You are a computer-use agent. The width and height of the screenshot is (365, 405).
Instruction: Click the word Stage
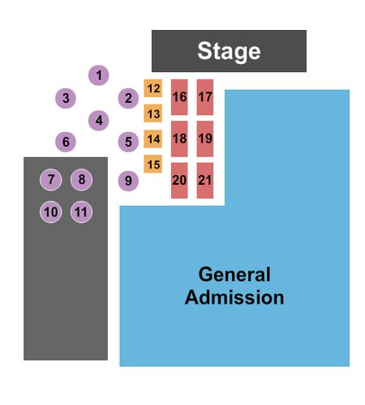(229, 51)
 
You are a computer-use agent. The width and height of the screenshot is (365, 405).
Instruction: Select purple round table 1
(99, 75)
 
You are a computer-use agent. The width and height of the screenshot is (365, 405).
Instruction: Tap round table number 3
(66, 98)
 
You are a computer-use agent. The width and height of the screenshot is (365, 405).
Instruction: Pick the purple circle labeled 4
(99, 121)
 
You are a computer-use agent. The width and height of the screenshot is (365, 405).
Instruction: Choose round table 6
(66, 142)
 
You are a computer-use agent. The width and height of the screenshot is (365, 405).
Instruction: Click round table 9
(128, 181)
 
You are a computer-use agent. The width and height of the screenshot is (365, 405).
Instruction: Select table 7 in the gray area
(51, 180)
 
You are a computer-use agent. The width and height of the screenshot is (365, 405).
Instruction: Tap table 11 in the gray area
(81, 212)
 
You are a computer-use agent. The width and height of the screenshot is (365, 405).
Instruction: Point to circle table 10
(51, 212)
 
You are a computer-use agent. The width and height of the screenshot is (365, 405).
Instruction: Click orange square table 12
(153, 88)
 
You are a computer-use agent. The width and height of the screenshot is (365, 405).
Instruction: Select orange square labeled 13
(153, 113)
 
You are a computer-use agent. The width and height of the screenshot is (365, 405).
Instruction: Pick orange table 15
(153, 164)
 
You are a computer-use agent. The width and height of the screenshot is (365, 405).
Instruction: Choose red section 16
(179, 97)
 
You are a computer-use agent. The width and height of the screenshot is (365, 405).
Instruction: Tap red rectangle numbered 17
(205, 97)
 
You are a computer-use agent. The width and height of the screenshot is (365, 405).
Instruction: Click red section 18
(179, 139)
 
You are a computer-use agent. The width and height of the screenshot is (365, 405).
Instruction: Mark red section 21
(205, 181)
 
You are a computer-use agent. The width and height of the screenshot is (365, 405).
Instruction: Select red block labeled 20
(179, 181)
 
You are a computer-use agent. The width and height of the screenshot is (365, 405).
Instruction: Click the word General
(234, 275)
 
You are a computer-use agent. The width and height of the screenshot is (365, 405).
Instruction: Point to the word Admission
(234, 297)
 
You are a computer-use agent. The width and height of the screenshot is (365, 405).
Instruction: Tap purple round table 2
(128, 98)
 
